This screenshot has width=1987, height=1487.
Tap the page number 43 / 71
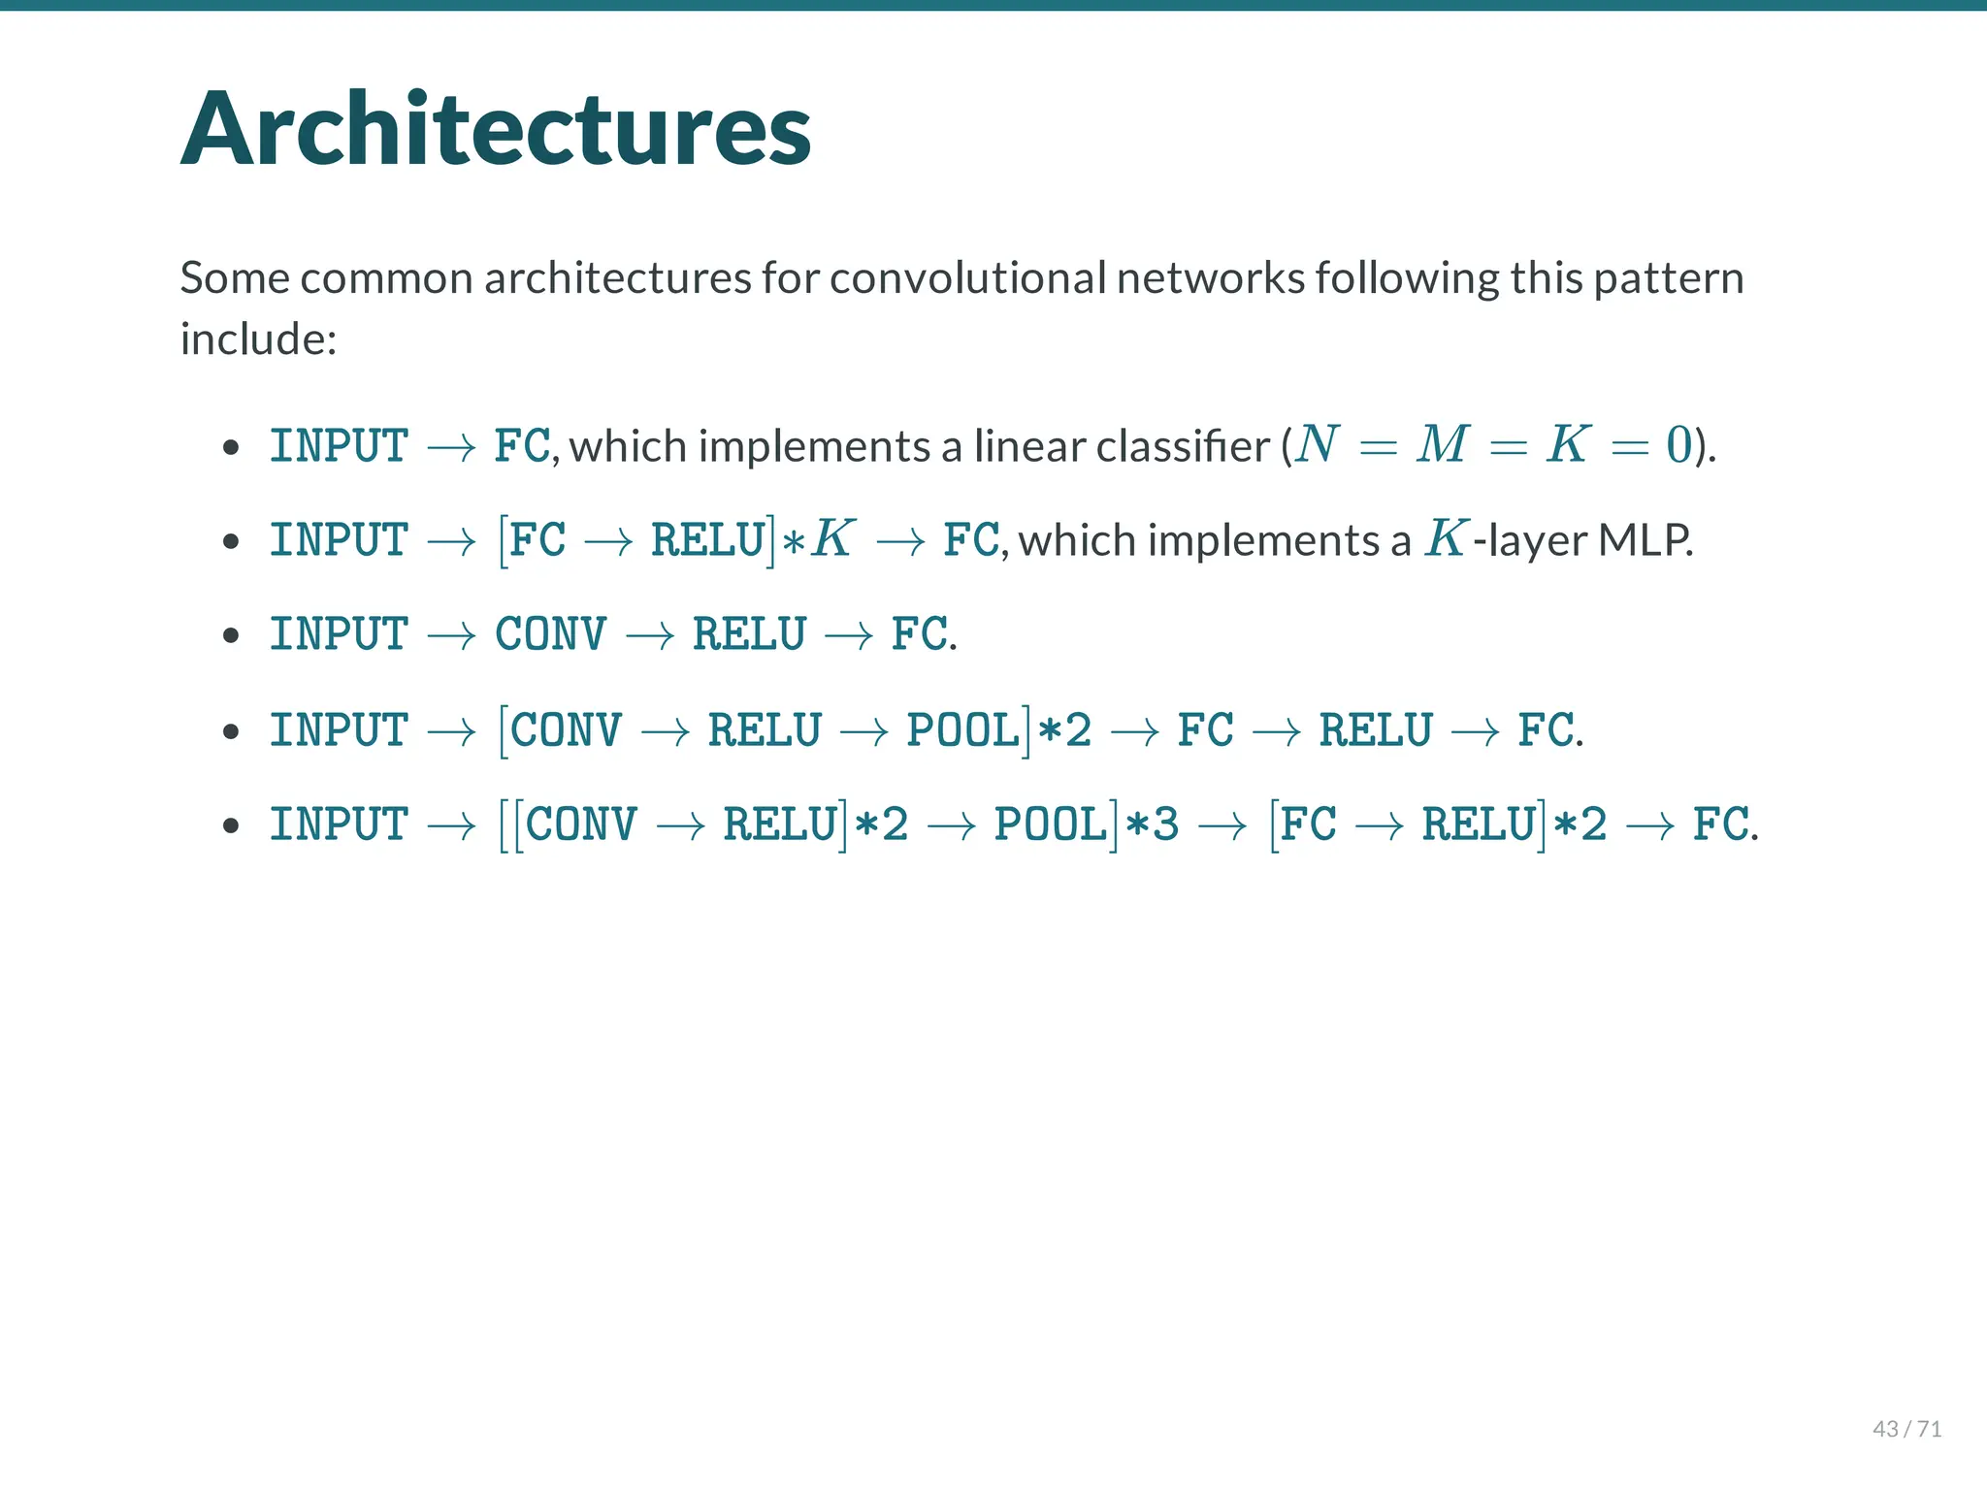click(1906, 1429)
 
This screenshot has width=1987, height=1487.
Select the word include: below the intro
click(258, 339)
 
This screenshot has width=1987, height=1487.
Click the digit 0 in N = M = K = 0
click(1678, 445)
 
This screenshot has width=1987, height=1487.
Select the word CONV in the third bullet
click(551, 634)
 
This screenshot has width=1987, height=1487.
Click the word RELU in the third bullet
click(749, 634)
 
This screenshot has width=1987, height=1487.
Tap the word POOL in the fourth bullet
click(963, 729)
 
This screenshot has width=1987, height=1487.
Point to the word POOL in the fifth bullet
click(1051, 824)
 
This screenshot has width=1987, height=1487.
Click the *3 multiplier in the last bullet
click(1152, 824)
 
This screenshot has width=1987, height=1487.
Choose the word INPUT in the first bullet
click(339, 446)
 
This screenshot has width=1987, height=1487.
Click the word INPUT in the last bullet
click(339, 824)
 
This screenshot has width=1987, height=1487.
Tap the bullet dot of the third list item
click(231, 636)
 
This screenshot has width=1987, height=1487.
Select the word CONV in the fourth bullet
click(567, 729)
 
